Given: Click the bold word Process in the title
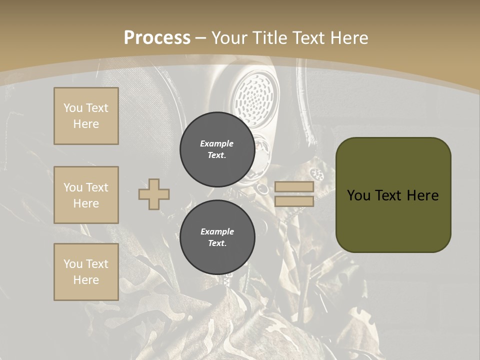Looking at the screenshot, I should [157, 38].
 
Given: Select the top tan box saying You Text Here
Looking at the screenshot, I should [86, 116].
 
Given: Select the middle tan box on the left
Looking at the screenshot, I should [86, 195].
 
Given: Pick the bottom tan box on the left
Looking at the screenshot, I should [86, 272].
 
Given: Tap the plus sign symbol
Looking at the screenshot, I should [154, 194].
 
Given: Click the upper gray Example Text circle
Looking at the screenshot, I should [217, 149].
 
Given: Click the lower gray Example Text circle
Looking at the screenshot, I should [217, 237].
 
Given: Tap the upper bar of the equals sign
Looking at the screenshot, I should [294, 187].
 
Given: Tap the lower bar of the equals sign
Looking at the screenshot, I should [294, 201].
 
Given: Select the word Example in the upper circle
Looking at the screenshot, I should [217, 143].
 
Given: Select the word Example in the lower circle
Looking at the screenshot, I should [217, 231].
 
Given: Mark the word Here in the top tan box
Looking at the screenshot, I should [86, 124].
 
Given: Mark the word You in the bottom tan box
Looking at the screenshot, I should [72, 264].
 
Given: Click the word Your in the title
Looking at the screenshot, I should [228, 38].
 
